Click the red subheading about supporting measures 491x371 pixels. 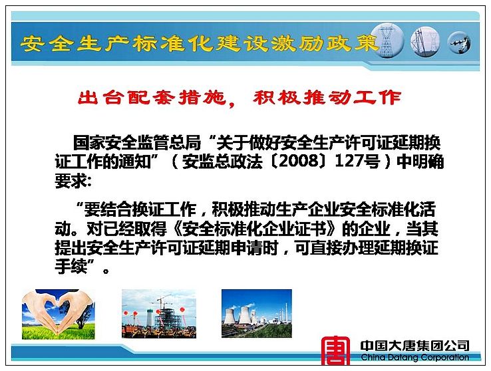click(x=240, y=98)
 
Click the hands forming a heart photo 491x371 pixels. click(x=59, y=314)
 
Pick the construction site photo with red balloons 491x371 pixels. click(x=159, y=314)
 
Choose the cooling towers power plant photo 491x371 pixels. click(x=256, y=313)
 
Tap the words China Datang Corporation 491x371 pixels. click(x=415, y=357)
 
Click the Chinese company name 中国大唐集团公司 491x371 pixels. click(x=414, y=346)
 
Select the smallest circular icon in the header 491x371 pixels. click(x=459, y=43)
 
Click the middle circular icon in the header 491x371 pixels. click(x=425, y=41)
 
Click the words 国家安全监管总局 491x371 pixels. click(x=137, y=143)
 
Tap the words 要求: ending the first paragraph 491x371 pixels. click(x=73, y=180)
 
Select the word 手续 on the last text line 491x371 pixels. click(x=71, y=266)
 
